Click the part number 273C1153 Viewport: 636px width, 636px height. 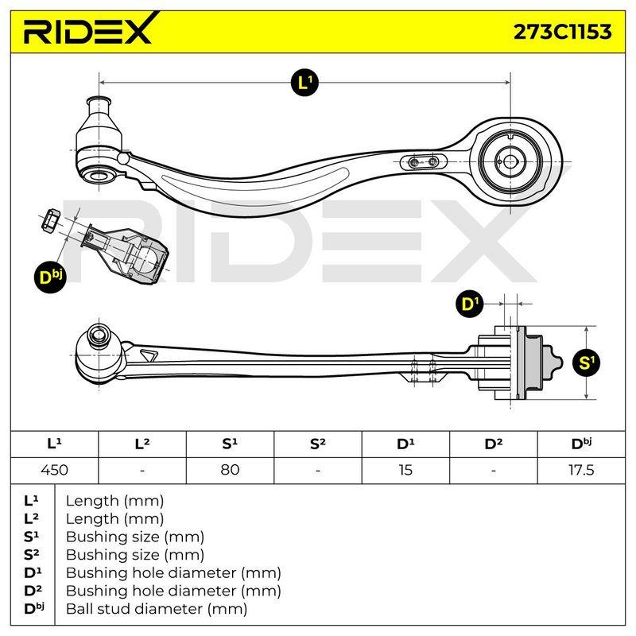tap(562, 32)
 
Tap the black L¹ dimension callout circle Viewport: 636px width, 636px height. tap(304, 83)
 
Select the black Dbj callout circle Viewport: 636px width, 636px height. tap(50, 277)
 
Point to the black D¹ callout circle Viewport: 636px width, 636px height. tap(470, 304)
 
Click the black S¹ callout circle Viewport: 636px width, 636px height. tap(586, 363)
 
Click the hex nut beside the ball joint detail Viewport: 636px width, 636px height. tap(51, 220)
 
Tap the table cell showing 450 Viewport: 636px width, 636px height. tap(54, 470)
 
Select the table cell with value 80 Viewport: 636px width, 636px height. tap(230, 470)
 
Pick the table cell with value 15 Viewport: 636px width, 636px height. tap(405, 470)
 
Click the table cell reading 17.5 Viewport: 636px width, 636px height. tap(581, 470)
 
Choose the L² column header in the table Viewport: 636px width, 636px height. tap(142, 444)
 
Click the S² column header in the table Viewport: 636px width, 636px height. tap(317, 444)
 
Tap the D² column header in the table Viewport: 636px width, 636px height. tap(493, 444)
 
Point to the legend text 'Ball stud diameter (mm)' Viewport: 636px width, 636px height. tap(157, 609)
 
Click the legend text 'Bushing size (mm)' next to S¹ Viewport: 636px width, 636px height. tap(134, 537)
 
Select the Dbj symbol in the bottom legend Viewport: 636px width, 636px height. tap(34, 608)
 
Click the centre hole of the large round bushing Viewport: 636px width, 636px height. tap(510, 161)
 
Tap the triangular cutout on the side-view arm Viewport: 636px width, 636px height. tap(148, 355)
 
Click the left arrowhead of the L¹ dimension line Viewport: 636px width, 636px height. tap(103, 83)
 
